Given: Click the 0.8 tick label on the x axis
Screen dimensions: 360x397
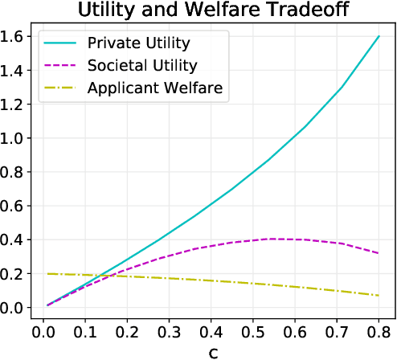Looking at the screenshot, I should [378, 329].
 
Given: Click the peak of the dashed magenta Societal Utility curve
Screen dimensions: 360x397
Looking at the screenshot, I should [272, 239].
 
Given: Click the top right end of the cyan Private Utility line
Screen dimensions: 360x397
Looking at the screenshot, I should [378, 36].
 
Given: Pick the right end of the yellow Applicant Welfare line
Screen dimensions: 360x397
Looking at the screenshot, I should [378, 296].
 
